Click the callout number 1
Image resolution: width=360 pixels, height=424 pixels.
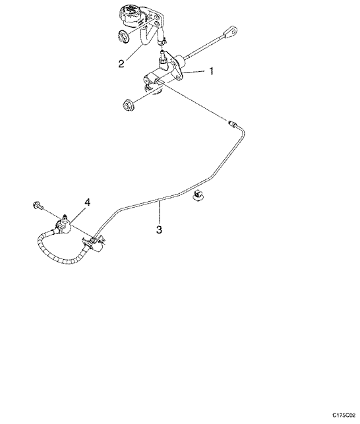[212, 71]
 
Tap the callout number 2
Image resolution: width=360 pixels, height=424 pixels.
[121, 63]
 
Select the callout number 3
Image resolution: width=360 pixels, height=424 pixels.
[159, 229]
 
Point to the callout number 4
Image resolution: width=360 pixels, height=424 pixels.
[87, 202]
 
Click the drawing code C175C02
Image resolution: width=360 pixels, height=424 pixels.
[344, 415]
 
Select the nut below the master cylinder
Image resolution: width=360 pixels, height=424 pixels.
[128, 105]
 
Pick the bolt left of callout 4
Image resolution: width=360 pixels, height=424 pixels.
[37, 206]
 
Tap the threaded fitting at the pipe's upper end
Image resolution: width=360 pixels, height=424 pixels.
[233, 123]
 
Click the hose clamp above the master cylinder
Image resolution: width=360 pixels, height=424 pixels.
[162, 41]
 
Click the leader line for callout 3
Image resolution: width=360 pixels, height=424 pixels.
[160, 213]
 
